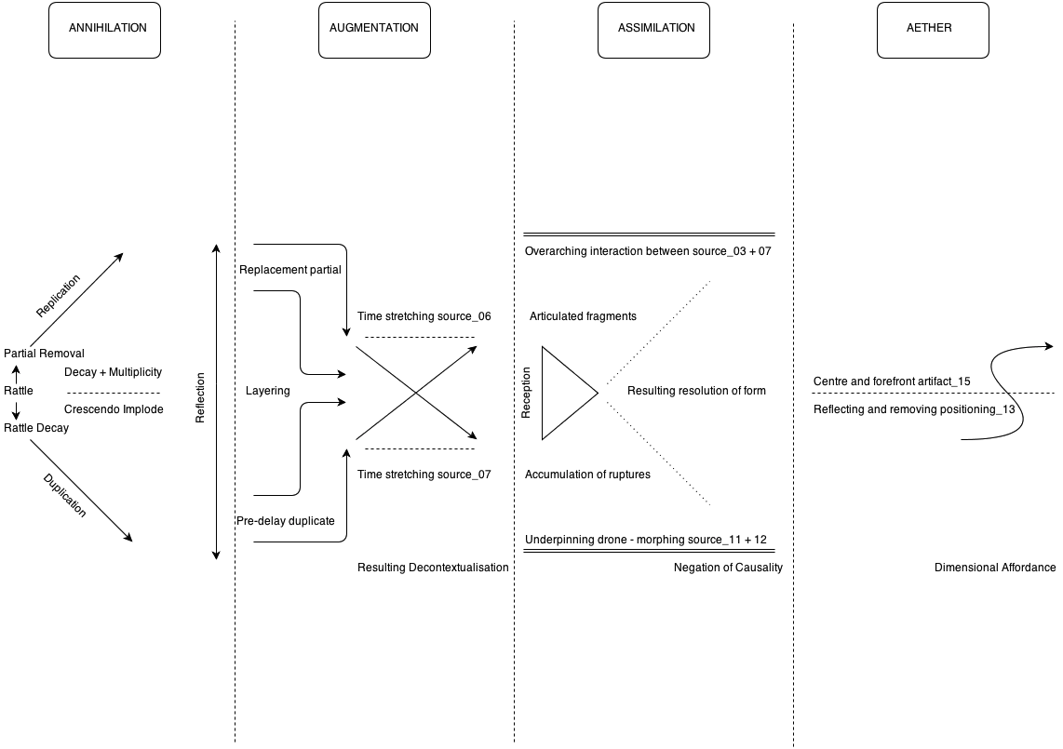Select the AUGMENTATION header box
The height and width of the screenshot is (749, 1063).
[x=374, y=28]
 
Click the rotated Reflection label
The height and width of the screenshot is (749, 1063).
[x=199, y=399]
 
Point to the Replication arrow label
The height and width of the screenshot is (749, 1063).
[x=58, y=296]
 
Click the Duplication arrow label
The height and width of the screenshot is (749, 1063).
[x=65, y=496]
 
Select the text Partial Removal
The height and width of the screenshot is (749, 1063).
[x=44, y=354]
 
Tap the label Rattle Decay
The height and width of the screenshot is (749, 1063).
[x=36, y=428]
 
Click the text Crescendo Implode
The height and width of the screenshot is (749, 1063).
[x=114, y=409]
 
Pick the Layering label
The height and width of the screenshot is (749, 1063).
[x=267, y=391]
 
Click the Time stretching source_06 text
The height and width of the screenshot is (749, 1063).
[x=424, y=316]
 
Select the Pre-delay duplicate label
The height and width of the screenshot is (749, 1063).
[x=291, y=521]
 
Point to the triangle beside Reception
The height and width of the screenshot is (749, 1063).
[x=564, y=393]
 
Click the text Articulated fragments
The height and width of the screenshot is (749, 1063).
[x=583, y=316]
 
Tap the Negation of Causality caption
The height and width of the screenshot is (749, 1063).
[x=728, y=568]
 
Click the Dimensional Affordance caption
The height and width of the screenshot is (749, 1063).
[x=995, y=568]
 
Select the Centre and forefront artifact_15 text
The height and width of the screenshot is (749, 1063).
[x=892, y=381]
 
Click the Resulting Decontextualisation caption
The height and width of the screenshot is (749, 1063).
[x=433, y=568]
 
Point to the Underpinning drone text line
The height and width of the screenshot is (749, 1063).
[x=645, y=540]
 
